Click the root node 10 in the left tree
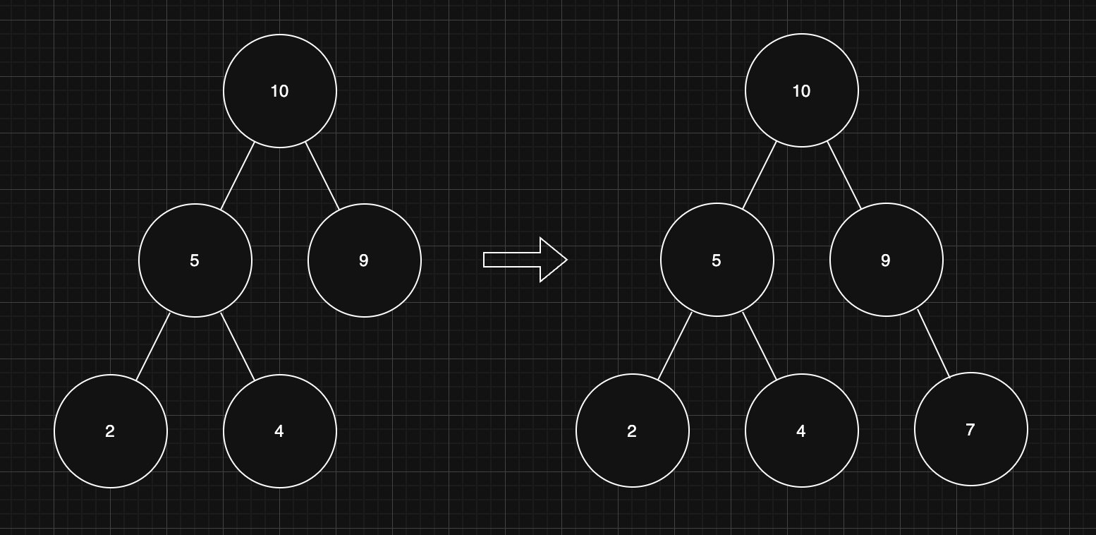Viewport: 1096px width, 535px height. click(280, 91)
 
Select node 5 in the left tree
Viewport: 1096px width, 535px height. click(195, 260)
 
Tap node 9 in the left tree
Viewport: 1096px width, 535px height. click(365, 260)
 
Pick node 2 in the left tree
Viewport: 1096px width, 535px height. click(111, 431)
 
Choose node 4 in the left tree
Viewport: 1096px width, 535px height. click(280, 431)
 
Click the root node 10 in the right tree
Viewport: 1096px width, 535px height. click(802, 91)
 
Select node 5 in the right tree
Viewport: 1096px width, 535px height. click(717, 260)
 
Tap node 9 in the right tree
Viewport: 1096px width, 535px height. click(887, 260)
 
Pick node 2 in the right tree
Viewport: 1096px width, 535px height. click(633, 431)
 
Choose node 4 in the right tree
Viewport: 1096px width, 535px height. click(802, 431)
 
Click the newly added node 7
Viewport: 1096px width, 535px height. click(971, 430)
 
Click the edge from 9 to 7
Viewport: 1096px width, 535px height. click(934, 344)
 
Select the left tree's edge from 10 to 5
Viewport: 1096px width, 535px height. click(238, 176)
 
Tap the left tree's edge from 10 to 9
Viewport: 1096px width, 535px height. click(322, 176)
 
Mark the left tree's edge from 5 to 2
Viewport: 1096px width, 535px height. click(153, 347)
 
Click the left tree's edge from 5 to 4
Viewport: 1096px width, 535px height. click(238, 347)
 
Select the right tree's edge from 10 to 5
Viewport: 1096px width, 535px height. click(760, 176)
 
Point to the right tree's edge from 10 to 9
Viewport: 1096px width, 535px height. click(844, 176)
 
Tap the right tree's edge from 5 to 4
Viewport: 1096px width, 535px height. click(760, 346)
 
